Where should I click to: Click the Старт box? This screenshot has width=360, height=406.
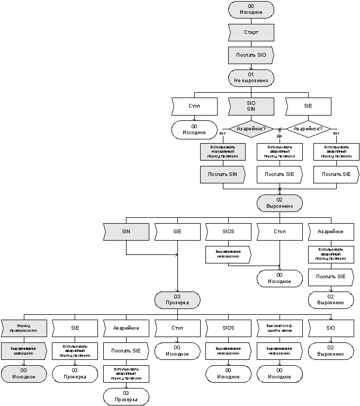pyautogui.click(x=251, y=32)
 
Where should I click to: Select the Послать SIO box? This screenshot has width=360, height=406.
pyautogui.click(x=251, y=55)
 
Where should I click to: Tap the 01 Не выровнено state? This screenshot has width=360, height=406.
pyautogui.click(x=251, y=77)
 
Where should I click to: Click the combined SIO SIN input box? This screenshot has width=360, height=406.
pyautogui.click(x=251, y=106)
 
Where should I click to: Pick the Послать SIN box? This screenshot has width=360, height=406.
pyautogui.click(x=222, y=174)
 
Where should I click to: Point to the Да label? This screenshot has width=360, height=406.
pyautogui.click(x=279, y=136)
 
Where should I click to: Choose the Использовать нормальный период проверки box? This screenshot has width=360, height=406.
pyautogui.click(x=222, y=152)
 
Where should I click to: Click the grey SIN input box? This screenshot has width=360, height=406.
pyautogui.click(x=126, y=232)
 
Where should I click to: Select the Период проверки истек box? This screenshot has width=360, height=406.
pyautogui.click(x=23, y=328)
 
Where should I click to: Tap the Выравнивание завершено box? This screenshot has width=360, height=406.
pyautogui.click(x=23, y=350)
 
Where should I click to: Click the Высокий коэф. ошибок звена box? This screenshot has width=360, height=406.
pyautogui.click(x=279, y=328)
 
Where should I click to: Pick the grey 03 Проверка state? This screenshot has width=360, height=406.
pyautogui.click(x=177, y=300)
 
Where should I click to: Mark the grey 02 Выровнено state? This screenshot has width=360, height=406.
pyautogui.click(x=279, y=203)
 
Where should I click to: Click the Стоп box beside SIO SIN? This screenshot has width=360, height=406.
pyautogui.click(x=194, y=106)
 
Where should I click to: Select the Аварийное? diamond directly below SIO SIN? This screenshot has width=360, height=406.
pyautogui.click(x=251, y=129)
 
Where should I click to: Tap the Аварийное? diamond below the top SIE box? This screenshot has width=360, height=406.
pyautogui.click(x=308, y=129)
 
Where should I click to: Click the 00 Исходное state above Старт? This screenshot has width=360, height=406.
pyautogui.click(x=251, y=10)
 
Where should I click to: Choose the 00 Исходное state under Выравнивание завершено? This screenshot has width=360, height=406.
pyautogui.click(x=23, y=373)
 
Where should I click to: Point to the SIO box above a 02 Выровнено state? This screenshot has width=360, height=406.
pyautogui.click(x=330, y=328)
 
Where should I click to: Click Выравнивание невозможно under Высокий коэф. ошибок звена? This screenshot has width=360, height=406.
pyautogui.click(x=279, y=350)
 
